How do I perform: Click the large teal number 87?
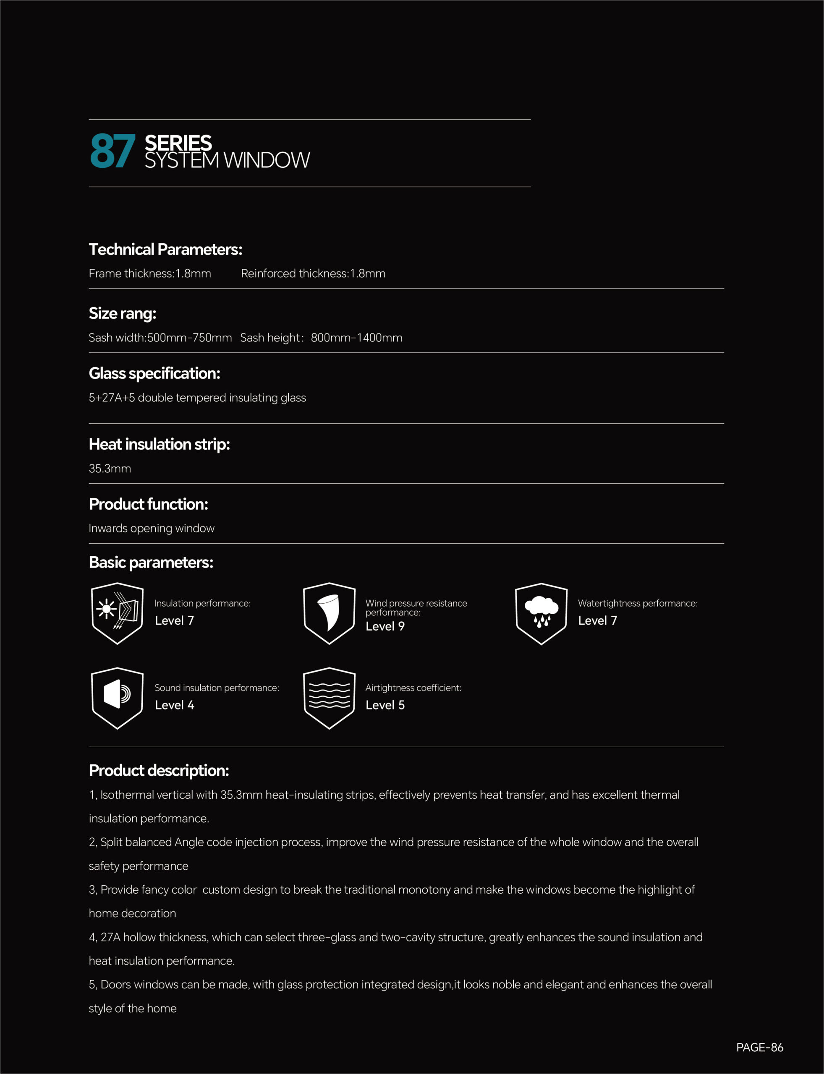click(112, 151)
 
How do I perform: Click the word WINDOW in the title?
click(267, 160)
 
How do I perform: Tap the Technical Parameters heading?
click(165, 250)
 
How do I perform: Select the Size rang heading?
click(122, 314)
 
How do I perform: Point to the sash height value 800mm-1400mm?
click(356, 338)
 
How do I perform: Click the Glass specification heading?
click(154, 373)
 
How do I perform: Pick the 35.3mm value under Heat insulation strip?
click(110, 469)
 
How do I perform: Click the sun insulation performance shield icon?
click(117, 613)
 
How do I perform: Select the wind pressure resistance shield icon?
click(329, 613)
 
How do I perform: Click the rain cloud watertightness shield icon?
click(541, 613)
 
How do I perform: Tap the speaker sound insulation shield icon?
click(117, 698)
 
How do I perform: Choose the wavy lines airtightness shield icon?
click(329, 698)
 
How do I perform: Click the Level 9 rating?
click(385, 626)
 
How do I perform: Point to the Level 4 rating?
click(174, 705)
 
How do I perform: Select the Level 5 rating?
click(385, 705)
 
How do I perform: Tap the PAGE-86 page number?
click(759, 1048)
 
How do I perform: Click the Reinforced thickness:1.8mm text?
click(313, 274)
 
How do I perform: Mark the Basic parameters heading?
click(151, 563)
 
